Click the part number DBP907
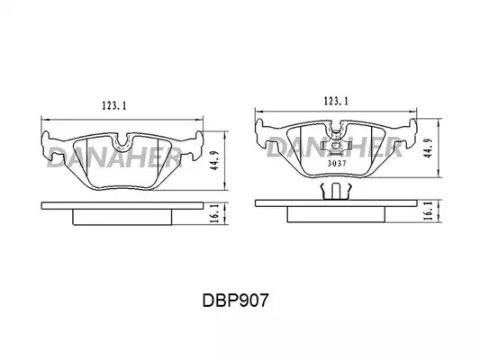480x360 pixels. point(235,301)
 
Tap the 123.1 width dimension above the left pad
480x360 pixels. point(113,106)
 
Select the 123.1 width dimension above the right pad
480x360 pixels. point(336,101)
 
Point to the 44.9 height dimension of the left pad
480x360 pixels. point(216,160)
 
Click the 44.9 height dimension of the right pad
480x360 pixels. point(430,148)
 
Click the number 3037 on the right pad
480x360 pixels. point(337,163)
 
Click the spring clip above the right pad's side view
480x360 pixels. point(335,191)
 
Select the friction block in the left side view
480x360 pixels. point(122,217)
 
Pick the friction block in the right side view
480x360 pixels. point(336,214)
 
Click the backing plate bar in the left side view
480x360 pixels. point(122,205)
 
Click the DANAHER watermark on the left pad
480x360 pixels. point(113,157)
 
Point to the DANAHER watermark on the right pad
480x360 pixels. point(334,147)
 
